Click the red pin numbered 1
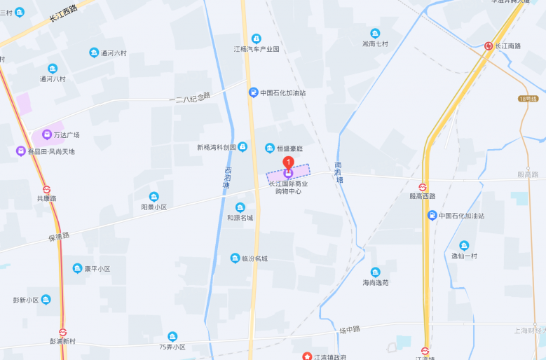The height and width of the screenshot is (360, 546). [x=287, y=163]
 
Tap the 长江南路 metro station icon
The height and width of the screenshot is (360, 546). [x=489, y=46]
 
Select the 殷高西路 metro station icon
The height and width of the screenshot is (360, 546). [x=423, y=187]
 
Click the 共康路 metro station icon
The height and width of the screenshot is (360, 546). [x=47, y=189]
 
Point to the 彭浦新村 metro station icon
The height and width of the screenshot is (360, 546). [x=63, y=333]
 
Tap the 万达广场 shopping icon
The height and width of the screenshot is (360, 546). [x=47, y=134]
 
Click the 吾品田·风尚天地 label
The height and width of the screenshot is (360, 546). [x=51, y=151]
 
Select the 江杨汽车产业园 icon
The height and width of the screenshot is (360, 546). [x=257, y=39]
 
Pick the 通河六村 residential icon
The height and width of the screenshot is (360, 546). [x=94, y=53]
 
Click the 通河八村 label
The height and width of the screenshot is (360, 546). [x=53, y=78]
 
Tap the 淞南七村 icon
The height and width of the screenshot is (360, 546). [x=375, y=33]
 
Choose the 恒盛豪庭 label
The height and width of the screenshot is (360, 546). [x=289, y=148]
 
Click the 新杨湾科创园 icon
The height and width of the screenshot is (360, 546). [x=243, y=146]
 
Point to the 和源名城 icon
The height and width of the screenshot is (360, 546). [x=240, y=207]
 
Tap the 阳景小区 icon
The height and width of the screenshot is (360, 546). [x=154, y=197]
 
